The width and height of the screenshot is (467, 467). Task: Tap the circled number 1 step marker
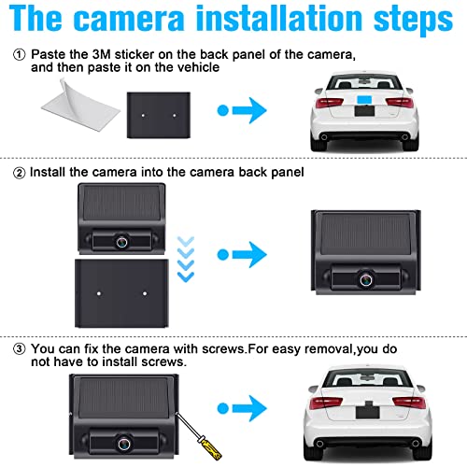point(19,55)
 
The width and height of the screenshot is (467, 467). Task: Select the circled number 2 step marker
point(19,172)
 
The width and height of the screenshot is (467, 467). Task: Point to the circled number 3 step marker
point(19,348)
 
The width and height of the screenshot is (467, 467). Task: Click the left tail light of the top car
point(326,104)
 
